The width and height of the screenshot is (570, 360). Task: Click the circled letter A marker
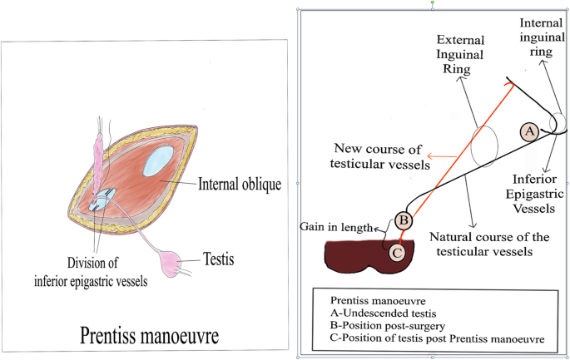pos(528,131)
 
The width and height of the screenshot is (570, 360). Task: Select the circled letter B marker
pos(404,220)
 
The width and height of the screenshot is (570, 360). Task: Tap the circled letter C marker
pos(397,250)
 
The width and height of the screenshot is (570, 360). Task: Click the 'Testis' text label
pos(217,260)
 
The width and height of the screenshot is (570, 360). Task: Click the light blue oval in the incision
pos(158,159)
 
